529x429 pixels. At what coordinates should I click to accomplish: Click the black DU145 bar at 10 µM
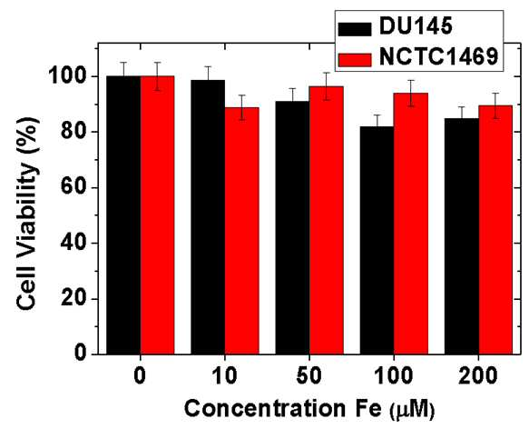coord(208,217)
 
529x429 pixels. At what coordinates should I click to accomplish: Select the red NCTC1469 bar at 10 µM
coord(242,231)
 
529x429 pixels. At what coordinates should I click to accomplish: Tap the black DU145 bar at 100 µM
coord(377,240)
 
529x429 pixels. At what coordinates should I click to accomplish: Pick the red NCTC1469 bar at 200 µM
coord(495,230)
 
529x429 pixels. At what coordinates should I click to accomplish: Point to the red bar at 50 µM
coord(327,221)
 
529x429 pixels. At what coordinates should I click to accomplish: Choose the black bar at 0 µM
coord(123,215)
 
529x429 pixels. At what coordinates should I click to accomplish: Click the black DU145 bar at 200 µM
coord(462,236)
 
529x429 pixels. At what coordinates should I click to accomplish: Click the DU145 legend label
coord(416,26)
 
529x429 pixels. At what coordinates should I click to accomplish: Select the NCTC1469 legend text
coord(438,57)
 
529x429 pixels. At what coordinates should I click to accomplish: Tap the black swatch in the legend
coord(355,29)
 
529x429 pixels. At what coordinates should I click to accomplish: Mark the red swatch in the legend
coord(355,60)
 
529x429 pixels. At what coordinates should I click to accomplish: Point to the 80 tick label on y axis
coord(73,132)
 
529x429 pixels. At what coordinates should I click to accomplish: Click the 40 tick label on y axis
coord(73,243)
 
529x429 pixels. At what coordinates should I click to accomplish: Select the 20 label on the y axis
coord(73,299)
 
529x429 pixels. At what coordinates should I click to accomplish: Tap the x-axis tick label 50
coord(309,376)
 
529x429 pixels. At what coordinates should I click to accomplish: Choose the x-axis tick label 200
coord(477,376)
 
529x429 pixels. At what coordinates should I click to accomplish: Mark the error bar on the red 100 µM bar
coord(410,94)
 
